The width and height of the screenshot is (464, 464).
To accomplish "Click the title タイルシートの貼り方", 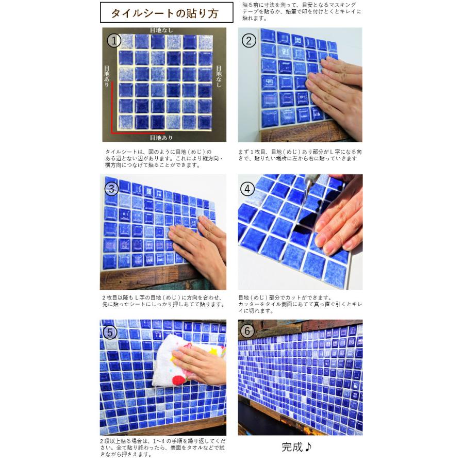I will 166,13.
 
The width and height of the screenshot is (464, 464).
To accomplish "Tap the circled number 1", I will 114,40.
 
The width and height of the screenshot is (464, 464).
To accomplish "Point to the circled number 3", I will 112,188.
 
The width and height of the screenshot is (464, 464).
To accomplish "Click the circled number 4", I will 248,189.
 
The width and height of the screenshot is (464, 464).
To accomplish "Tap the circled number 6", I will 248,331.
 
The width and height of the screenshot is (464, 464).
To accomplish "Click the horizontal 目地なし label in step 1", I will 161,30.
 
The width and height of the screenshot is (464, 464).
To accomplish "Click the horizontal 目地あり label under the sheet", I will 161,138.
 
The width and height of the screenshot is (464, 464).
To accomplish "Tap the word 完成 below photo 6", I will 292,447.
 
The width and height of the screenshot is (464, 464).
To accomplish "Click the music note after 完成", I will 308,447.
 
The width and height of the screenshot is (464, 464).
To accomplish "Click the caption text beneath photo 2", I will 300,155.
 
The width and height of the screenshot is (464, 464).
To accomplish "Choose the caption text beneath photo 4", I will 300,304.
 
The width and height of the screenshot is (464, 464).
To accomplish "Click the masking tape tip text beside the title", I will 301,11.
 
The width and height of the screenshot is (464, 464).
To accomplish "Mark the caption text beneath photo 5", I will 162,449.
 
